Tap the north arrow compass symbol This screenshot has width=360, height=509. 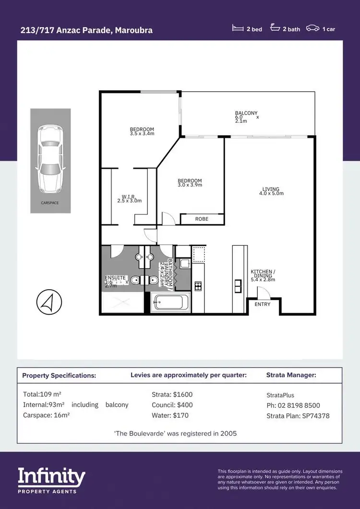tap(49, 302)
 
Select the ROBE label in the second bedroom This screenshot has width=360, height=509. tap(202, 219)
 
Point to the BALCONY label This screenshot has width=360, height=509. tap(246, 113)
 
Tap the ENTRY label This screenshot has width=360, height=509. tap(263, 304)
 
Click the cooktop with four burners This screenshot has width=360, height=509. tap(198, 286)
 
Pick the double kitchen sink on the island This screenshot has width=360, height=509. tap(237, 286)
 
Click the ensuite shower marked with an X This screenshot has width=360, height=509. tap(122, 303)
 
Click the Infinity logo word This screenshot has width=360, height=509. tap(51, 477)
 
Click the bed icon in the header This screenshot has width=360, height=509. tap(238, 29)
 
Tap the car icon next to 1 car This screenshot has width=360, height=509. tap(312, 29)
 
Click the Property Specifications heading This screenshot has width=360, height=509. tap(59, 375)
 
